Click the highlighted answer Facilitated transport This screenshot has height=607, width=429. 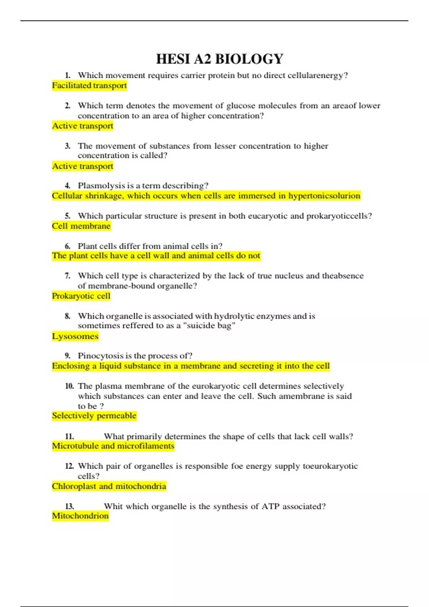[89, 86]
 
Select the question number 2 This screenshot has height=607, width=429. [68, 106]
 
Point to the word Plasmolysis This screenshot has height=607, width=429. [99, 186]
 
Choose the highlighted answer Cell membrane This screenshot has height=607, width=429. [81, 226]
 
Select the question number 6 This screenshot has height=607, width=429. [68, 246]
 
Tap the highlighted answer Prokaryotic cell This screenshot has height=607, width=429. [81, 296]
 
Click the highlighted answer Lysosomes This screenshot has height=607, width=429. [75, 336]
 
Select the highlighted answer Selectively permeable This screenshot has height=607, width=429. [94, 416]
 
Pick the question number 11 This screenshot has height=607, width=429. [69, 436]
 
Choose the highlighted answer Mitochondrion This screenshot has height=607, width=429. [80, 516]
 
